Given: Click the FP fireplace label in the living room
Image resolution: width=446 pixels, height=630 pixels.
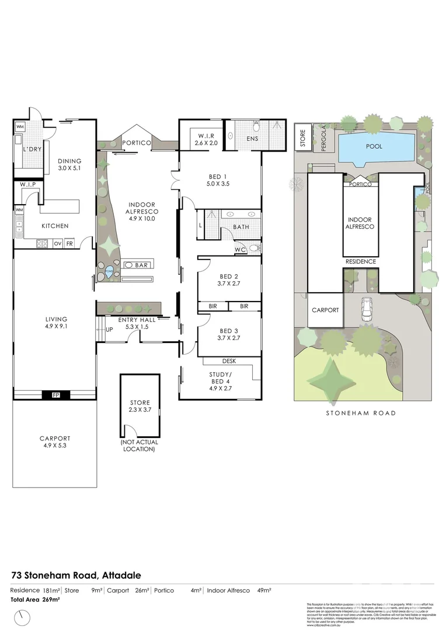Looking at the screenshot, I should point(56,395).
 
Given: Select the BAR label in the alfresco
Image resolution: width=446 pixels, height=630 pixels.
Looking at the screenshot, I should point(141,265).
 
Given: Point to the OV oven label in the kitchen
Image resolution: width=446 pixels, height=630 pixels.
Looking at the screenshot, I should point(58,243).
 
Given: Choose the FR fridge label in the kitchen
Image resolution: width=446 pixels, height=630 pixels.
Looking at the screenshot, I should point(69,243).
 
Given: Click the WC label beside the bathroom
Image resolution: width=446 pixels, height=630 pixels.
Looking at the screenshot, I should point(239,249).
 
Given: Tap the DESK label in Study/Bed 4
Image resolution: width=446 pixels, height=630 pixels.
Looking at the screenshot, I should point(229,361).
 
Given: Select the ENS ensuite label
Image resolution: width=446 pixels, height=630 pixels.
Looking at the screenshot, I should point(252,139).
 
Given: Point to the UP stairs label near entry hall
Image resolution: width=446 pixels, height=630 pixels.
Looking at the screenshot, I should point(109,330).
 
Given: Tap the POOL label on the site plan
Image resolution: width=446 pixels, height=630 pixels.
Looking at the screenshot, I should point(374,146).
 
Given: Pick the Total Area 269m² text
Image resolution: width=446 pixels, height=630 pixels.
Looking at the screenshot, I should point(36,599).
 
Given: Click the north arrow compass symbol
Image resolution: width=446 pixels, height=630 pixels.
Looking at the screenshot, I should point(23,616).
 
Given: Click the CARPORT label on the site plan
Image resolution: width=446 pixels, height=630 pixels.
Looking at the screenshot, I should point(325,310).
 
